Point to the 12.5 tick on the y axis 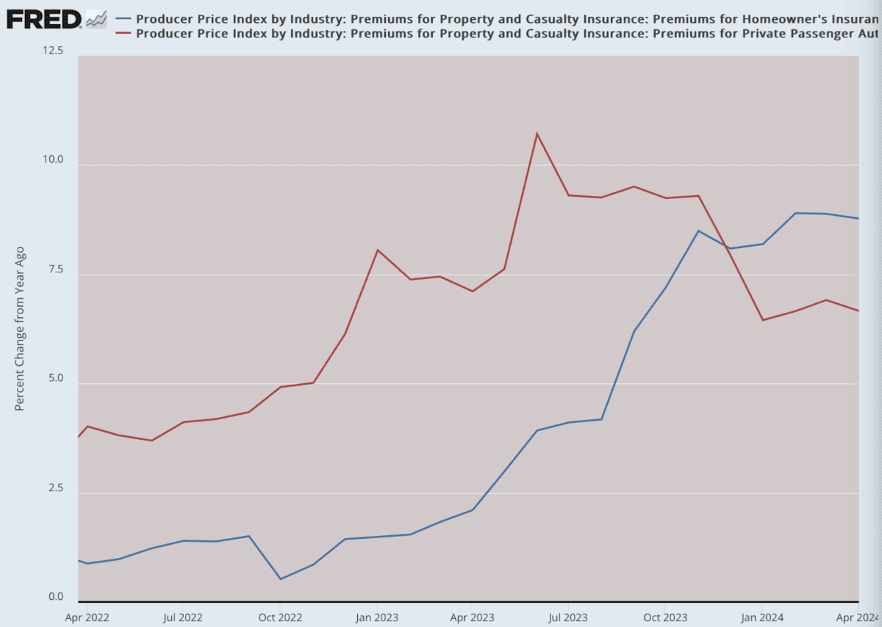pyautogui.click(x=55, y=51)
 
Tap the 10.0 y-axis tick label pyautogui.click(x=55, y=160)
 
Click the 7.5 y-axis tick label pyautogui.click(x=57, y=269)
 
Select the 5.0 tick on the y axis pyautogui.click(x=57, y=379)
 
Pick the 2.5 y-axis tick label pyautogui.click(x=57, y=488)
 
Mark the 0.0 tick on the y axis pyautogui.click(x=57, y=597)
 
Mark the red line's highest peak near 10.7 pyautogui.click(x=537, y=134)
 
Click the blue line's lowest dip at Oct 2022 pyautogui.click(x=280, y=579)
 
